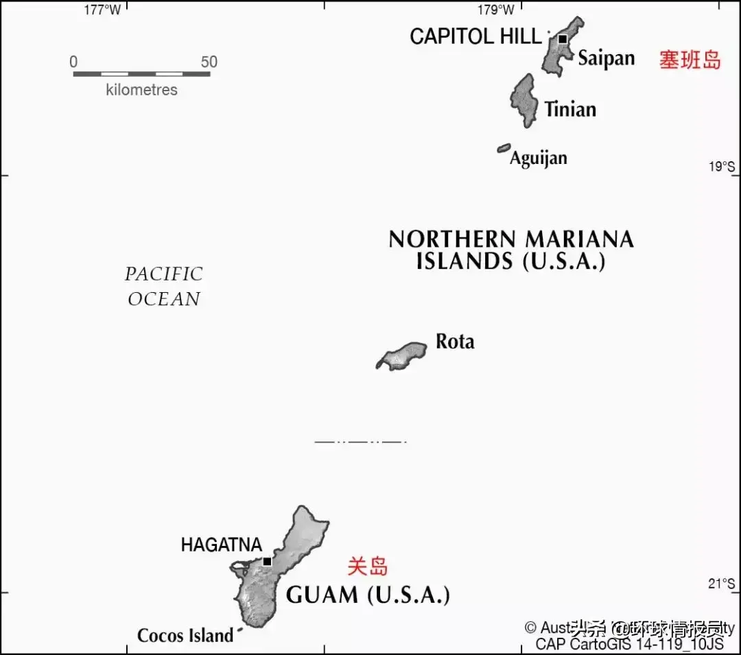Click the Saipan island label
(x=606, y=58)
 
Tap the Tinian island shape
(x=524, y=100)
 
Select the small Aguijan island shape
(x=504, y=148)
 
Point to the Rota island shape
(x=403, y=356)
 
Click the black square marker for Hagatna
(x=267, y=561)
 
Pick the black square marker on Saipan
(x=563, y=39)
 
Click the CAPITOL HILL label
(x=475, y=36)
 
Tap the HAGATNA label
(x=221, y=545)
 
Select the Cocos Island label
(x=185, y=636)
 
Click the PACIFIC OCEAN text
(x=164, y=287)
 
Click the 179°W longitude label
(x=495, y=10)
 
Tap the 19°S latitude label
(x=721, y=167)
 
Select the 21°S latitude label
(x=721, y=584)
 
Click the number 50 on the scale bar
(x=209, y=62)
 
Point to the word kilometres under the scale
(x=141, y=90)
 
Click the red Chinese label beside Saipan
(x=690, y=60)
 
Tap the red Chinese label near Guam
(x=367, y=567)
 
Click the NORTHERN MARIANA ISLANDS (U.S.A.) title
(x=511, y=250)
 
